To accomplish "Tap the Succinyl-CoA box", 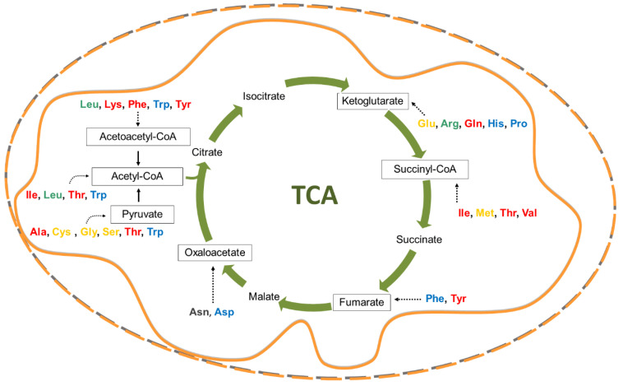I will (425, 170).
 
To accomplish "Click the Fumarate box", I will (361, 302).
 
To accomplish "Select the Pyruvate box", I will (142, 215).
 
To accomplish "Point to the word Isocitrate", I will (264, 97).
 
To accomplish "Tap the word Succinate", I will (418, 240).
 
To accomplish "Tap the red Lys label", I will (114, 105).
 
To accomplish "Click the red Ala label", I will (39, 233).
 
